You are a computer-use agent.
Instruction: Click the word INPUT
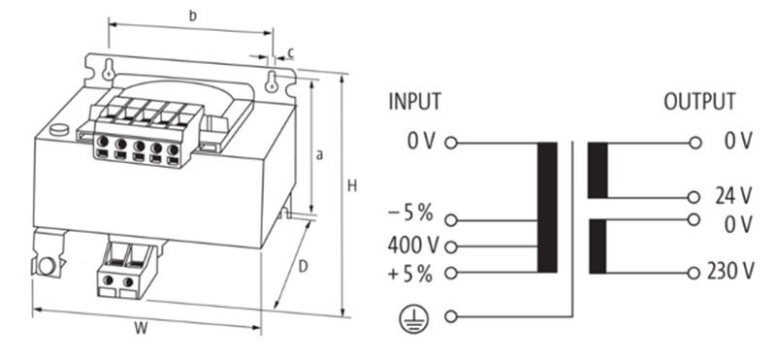pyautogui.click(x=414, y=102)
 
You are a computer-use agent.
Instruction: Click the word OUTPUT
pyautogui.click(x=699, y=102)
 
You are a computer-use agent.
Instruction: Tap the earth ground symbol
pyautogui.click(x=414, y=318)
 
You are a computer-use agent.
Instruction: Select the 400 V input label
pyautogui.click(x=413, y=245)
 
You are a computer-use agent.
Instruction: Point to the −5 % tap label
pyautogui.click(x=410, y=213)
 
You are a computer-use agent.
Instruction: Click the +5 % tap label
pyautogui.click(x=410, y=274)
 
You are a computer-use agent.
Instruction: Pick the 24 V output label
pyautogui.click(x=733, y=197)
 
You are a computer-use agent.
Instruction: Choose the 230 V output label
pyautogui.click(x=730, y=272)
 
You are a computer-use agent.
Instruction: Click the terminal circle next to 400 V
pyautogui.click(x=450, y=246)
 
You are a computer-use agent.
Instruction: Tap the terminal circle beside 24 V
pyautogui.click(x=695, y=198)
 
